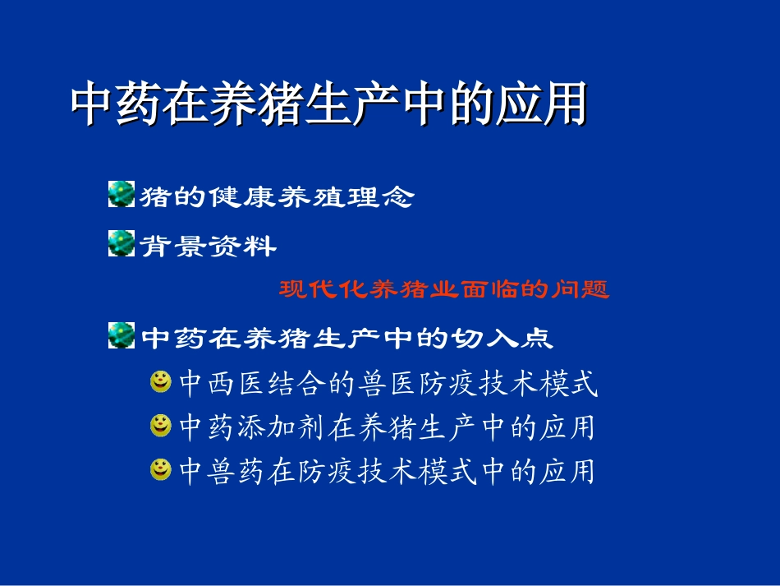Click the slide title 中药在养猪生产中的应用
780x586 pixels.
coord(328,104)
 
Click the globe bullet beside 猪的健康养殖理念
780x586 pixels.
coord(122,195)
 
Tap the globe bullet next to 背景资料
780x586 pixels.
coord(122,243)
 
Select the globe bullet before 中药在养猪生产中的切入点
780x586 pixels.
coord(122,336)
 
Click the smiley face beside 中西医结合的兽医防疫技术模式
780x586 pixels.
coord(161,381)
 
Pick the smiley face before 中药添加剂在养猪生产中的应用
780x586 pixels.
coord(161,426)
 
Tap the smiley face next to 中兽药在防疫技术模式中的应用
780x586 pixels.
coord(161,469)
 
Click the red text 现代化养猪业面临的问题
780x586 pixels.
coord(444,289)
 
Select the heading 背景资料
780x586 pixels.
coord(209,245)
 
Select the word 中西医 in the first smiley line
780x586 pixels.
coord(215,383)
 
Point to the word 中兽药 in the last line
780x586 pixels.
coord(215,471)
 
